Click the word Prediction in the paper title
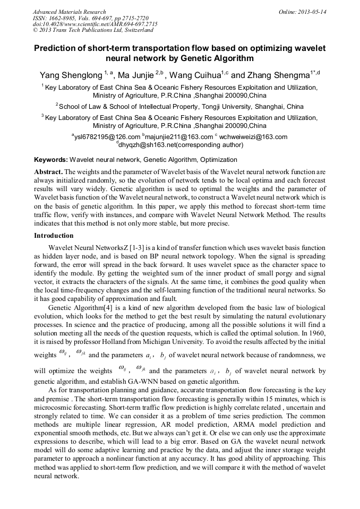pos(58,48)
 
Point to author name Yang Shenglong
pos(71,75)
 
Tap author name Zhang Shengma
pos(281,75)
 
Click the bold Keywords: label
pos(51,159)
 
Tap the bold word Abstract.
pos(49,172)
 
